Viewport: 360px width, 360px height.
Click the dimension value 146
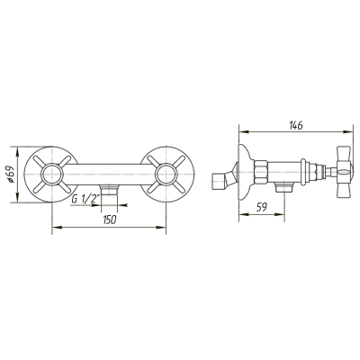[296, 125]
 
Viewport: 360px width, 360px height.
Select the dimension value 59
[262, 207]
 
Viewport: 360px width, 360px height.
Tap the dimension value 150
[110, 220]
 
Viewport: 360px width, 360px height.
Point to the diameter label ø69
[12, 175]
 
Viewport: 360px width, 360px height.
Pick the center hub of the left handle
[52, 175]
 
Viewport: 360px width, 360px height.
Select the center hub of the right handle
[166, 175]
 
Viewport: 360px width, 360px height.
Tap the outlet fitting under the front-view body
[110, 190]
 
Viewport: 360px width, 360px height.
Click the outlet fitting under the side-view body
[284, 187]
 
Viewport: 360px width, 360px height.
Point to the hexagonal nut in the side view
[260, 172]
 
